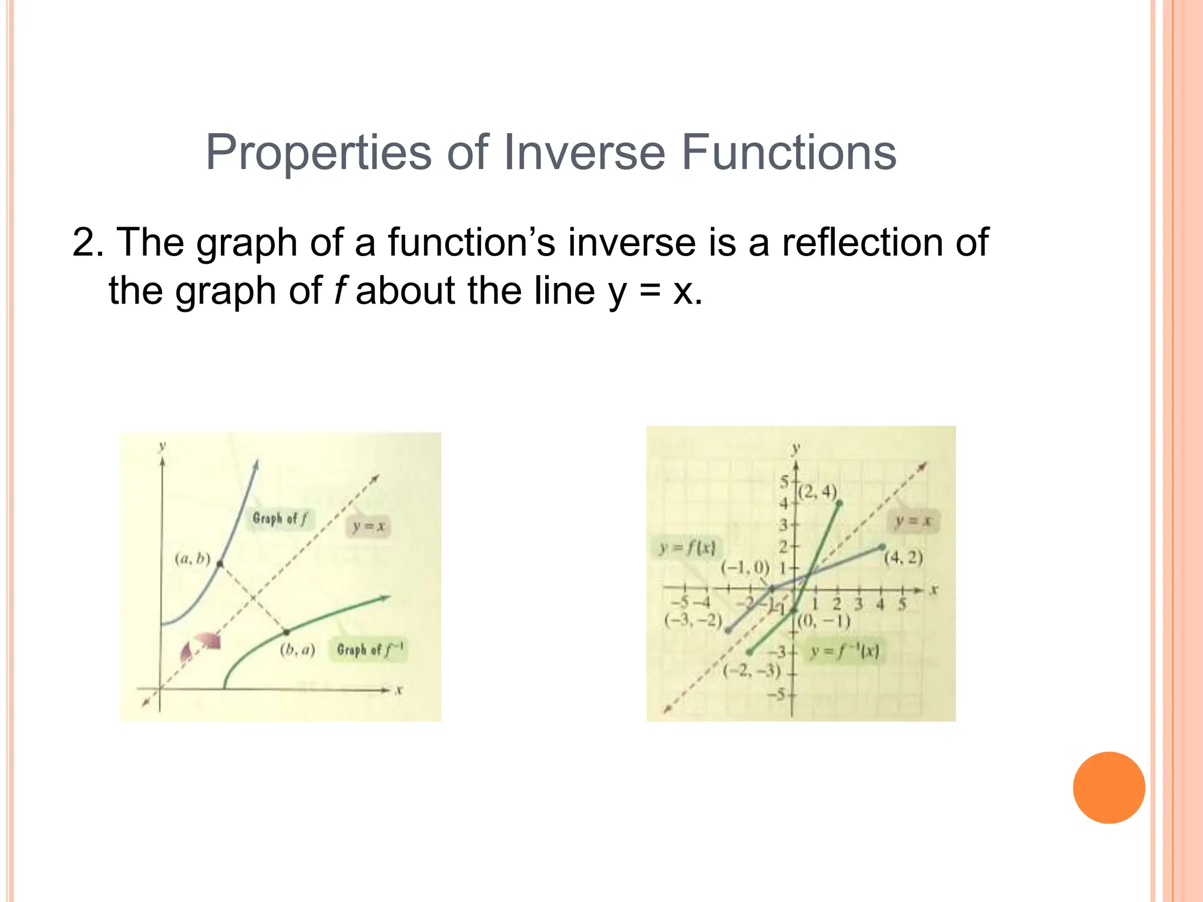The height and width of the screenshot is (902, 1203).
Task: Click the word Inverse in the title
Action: [x=584, y=152]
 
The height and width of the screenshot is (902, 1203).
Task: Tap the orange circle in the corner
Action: [x=1108, y=787]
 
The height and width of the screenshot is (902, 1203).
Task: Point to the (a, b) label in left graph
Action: [x=192, y=558]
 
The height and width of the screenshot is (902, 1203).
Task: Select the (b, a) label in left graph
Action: [x=297, y=649]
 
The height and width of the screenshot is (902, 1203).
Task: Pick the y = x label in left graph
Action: [x=368, y=526]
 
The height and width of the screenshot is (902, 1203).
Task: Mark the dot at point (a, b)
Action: [x=220, y=564]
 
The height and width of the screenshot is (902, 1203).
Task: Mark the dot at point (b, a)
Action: [x=287, y=632]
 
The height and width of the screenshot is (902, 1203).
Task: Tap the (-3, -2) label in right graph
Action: [x=693, y=620]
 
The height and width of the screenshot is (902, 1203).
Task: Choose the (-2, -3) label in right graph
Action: [x=751, y=671]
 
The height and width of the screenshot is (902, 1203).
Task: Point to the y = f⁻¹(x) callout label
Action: [x=845, y=651]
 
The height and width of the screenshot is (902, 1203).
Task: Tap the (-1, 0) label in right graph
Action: [x=745, y=567]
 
